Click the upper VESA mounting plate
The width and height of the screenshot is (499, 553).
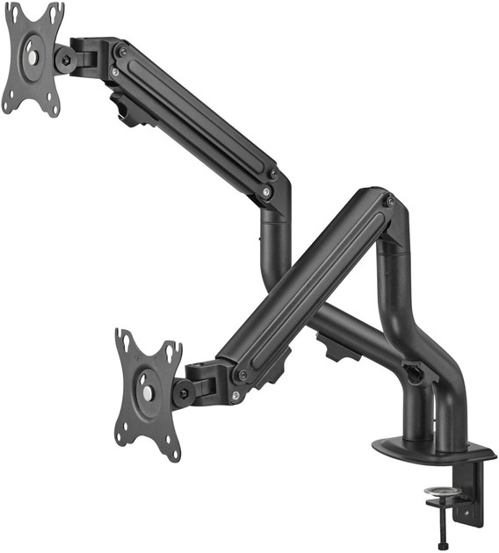(33, 58)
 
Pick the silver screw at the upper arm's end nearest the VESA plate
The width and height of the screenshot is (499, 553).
(114, 70)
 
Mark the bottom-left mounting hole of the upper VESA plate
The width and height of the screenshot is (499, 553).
(8, 106)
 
